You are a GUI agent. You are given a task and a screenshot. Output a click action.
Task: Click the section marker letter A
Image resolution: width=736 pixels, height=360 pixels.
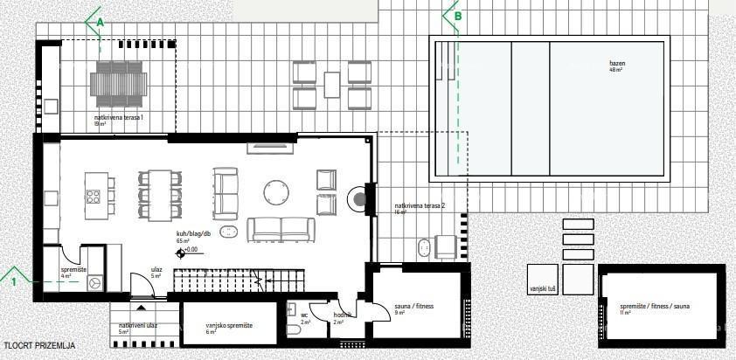point(100,22)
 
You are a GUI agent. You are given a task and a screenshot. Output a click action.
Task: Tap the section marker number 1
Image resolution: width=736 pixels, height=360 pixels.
point(14,281)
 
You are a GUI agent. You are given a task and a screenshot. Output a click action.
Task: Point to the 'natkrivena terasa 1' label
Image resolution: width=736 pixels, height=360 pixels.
point(119,116)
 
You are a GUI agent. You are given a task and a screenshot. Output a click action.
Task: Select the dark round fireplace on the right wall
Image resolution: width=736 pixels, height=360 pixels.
point(359,199)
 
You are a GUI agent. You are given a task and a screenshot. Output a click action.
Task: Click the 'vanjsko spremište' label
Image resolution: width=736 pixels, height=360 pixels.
point(229,325)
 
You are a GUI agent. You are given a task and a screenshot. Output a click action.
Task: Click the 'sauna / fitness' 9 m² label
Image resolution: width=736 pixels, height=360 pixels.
point(414,307)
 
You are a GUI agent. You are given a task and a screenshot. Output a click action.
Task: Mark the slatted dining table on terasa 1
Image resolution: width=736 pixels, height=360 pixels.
point(120,82)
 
